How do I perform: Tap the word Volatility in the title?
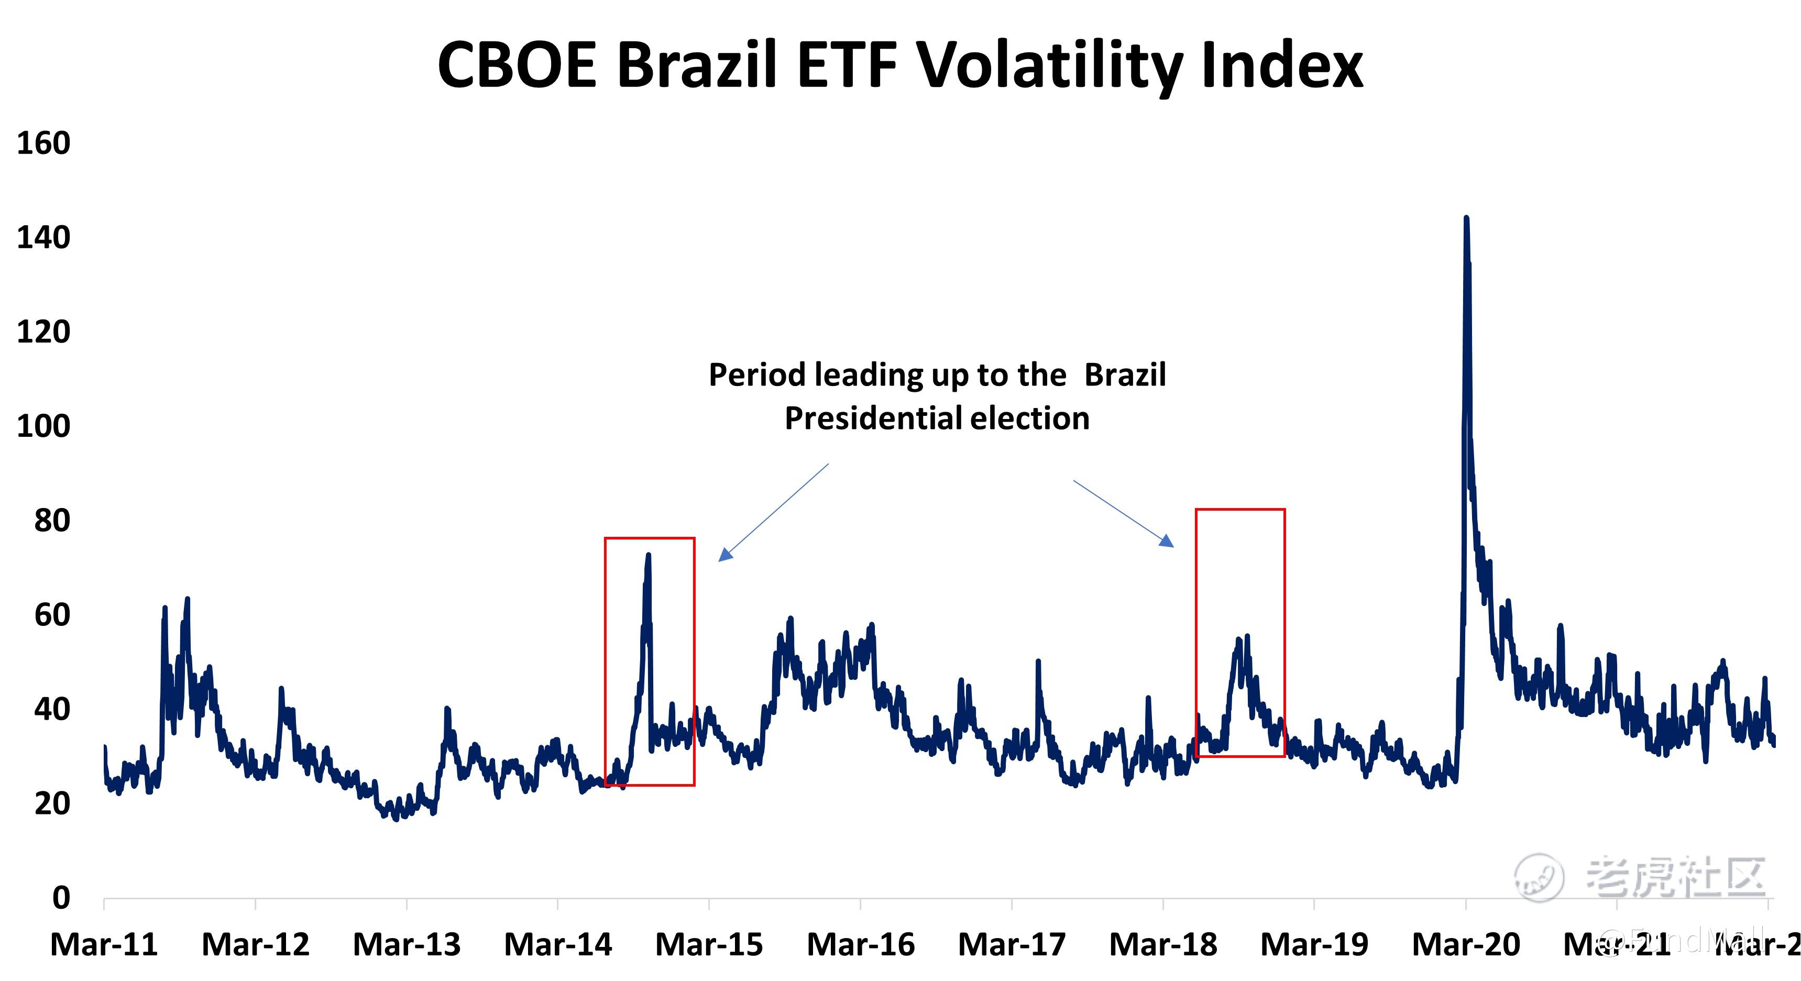point(1049,64)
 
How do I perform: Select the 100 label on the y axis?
point(43,426)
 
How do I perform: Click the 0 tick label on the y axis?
point(61,897)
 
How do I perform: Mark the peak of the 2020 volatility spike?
point(1466,218)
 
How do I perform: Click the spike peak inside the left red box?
point(648,555)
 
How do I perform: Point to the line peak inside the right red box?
point(1239,639)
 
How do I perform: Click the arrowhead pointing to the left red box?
point(724,556)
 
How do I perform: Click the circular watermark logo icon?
point(1538,877)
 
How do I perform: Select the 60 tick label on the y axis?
point(52,614)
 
